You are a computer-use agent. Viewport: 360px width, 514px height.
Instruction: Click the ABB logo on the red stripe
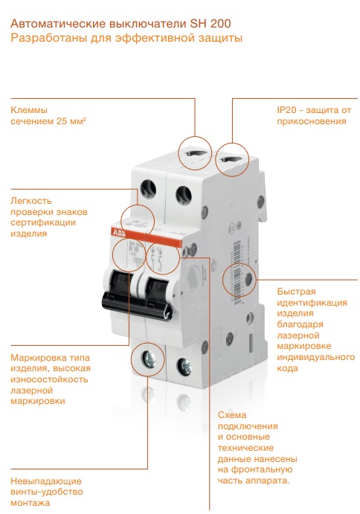point(118,232)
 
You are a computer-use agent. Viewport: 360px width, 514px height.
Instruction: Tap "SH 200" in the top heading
point(210,24)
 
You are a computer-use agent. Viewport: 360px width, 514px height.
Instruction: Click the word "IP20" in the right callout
point(286,110)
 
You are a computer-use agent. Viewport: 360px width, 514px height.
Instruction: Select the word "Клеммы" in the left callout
point(29,110)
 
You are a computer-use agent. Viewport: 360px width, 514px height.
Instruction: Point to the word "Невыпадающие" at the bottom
point(46,481)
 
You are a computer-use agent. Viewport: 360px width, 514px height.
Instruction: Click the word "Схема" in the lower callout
point(232,415)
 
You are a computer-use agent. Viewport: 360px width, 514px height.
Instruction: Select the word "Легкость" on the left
point(30,200)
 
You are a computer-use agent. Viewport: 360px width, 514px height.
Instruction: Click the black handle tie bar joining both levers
point(137,304)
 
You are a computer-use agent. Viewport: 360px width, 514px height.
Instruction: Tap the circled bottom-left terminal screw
point(148,359)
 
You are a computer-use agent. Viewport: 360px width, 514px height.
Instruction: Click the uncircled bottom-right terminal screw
point(184,366)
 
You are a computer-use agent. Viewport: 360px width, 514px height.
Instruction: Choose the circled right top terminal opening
point(232,160)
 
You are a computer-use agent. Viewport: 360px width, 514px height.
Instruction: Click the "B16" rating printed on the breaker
point(132,248)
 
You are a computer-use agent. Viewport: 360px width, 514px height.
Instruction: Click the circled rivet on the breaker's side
point(248,280)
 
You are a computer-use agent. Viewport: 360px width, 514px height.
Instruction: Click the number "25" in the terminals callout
point(62,121)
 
